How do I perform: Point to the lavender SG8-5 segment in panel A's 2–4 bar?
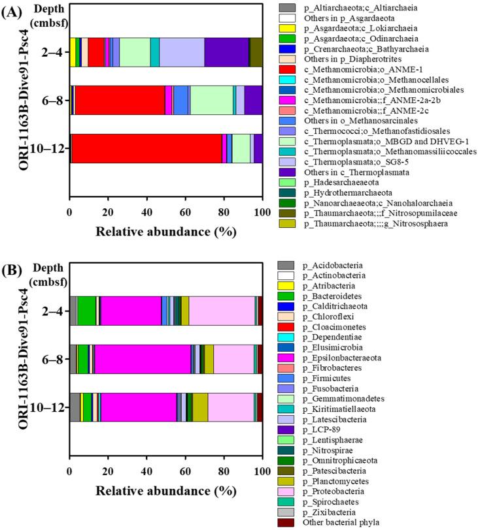pyautogui.click(x=182, y=52)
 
